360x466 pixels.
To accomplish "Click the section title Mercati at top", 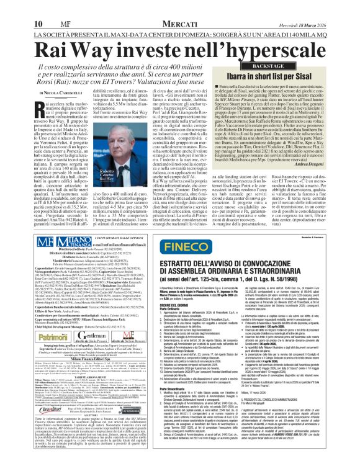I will tap(92, 6).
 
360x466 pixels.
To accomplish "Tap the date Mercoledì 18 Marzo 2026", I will tap(319, 7).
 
